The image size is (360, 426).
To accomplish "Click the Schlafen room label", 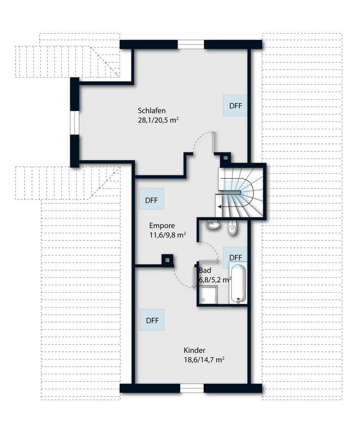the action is [151, 111].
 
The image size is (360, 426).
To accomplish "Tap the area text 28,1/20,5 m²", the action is [158, 120].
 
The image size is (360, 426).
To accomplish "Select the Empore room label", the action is [162, 225].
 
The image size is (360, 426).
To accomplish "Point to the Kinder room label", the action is [194, 350].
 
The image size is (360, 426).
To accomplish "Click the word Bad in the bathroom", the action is [205, 271].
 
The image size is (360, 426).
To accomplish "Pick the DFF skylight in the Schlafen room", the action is [235, 105].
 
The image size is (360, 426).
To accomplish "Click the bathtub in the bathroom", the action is [238, 283].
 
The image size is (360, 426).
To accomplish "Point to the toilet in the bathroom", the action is [232, 227].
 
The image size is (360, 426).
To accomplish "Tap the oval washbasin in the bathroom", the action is [212, 225].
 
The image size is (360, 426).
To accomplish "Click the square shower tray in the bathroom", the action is [209, 295].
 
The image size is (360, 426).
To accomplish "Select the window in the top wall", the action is [191, 45].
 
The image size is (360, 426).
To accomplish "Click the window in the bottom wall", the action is [192, 388].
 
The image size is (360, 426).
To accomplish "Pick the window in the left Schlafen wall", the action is [74, 123].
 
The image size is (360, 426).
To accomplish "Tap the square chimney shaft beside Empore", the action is [167, 260].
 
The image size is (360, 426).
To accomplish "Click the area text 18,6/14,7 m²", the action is [204, 360].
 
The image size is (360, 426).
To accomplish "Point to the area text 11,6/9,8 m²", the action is [168, 235].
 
